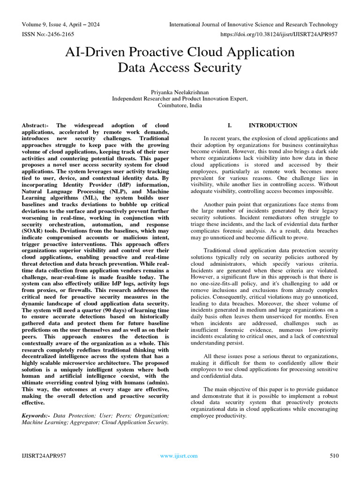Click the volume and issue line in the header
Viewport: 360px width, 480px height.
point(60,24)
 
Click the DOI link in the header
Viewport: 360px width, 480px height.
point(279,34)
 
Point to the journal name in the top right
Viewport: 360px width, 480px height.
point(253,24)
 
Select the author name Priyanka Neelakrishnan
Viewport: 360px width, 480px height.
point(180,92)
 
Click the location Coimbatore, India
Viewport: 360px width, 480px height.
point(180,105)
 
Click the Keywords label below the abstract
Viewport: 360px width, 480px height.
point(36,416)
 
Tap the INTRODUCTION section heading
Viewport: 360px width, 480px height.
point(273,126)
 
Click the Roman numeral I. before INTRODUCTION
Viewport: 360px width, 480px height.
point(230,126)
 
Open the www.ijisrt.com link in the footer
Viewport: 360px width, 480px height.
point(179,456)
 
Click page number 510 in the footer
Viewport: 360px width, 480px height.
point(334,456)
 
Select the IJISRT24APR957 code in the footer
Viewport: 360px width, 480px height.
point(44,456)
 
